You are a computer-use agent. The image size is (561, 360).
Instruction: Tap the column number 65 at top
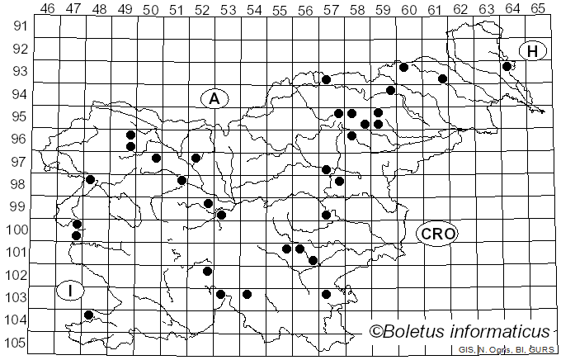tap(538, 8)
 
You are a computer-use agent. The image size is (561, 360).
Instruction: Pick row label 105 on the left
tap(19, 343)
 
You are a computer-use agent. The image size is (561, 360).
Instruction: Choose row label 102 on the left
tap(19, 276)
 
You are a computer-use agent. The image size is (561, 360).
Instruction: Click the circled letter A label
tap(214, 99)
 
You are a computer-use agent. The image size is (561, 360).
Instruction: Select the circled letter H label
tap(533, 51)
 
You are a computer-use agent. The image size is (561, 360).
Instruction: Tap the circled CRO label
tap(438, 234)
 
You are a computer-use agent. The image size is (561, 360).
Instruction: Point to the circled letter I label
tap(70, 291)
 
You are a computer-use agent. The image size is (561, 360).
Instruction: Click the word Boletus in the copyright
tap(422, 332)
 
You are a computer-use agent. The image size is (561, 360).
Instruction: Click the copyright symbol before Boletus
tap(376, 332)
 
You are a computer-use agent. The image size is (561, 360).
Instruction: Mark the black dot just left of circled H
tap(507, 66)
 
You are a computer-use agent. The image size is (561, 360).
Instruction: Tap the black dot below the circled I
tap(89, 315)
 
